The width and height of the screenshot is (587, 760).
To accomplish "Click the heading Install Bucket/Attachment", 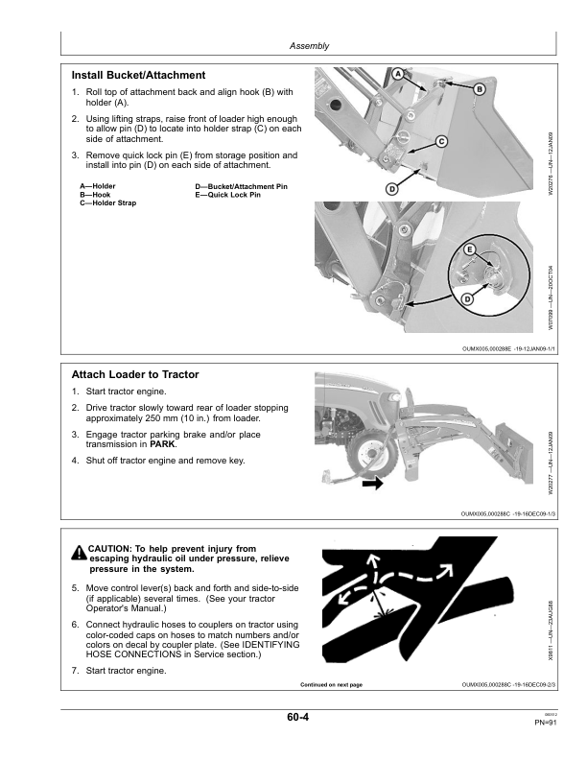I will pos(138,75).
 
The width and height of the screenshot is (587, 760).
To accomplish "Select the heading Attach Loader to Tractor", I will pos(135,374).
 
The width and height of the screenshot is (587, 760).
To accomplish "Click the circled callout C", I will pos(441,142).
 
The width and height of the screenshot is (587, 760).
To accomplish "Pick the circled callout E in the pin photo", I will pos(470,249).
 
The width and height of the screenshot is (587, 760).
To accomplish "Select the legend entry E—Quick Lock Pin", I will pos(227,195).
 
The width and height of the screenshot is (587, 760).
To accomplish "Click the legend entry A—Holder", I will pos(98,186).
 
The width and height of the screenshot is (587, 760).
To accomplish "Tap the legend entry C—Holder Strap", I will pos(107,203).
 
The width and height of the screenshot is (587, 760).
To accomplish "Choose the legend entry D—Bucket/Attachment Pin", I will pos(241,186).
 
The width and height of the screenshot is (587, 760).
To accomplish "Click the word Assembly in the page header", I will pos(309,45).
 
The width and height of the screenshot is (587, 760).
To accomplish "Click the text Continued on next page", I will pos(331,685).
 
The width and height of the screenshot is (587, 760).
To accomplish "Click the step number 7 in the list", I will pos(75,670).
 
